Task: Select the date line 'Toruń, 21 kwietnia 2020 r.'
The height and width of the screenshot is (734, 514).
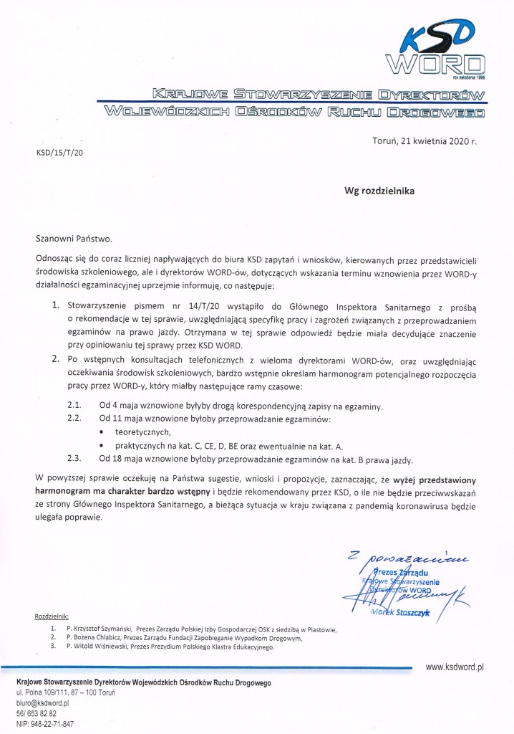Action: point(425,141)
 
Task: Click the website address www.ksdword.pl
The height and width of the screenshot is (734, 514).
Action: point(455,666)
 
